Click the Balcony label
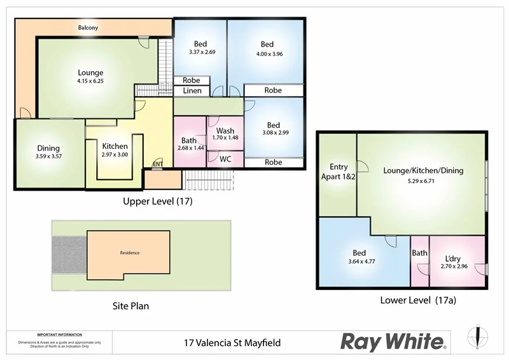click(x=88, y=28)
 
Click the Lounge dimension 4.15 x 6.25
click(x=90, y=81)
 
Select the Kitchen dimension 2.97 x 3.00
click(x=115, y=155)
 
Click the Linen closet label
click(x=192, y=91)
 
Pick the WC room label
click(x=225, y=159)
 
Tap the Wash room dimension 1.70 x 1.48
click(x=225, y=137)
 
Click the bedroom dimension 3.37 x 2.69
click(x=202, y=52)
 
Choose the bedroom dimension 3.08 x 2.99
click(x=274, y=133)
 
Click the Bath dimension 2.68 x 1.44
click(x=189, y=148)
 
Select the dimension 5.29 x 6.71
click(x=422, y=181)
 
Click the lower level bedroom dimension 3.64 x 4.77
click(x=361, y=261)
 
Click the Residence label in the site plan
click(x=129, y=253)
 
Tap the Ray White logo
click(x=394, y=342)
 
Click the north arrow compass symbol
click(x=478, y=338)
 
